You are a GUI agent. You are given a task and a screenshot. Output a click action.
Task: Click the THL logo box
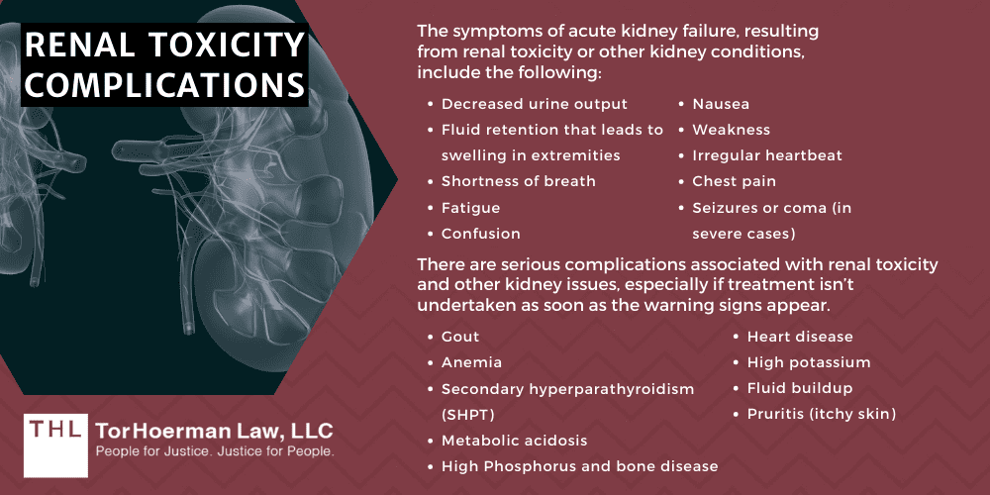(52, 439)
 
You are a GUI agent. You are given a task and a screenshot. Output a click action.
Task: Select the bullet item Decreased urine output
(535, 104)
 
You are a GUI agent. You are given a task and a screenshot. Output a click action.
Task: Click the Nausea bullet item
(721, 104)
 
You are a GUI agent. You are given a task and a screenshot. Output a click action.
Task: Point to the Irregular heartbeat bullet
(767, 155)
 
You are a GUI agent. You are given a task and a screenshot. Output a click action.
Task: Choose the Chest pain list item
(734, 181)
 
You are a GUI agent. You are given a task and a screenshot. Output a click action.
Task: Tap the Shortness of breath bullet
(519, 181)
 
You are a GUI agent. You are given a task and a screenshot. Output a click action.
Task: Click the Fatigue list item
(470, 208)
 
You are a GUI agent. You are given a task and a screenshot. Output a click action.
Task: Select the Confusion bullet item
(480, 234)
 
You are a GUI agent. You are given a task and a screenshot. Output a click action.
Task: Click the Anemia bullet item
(471, 363)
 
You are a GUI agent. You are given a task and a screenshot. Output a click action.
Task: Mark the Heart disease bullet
(800, 338)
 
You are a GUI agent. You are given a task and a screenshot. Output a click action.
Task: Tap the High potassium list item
(809, 363)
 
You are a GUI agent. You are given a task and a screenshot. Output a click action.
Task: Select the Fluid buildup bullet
(800, 388)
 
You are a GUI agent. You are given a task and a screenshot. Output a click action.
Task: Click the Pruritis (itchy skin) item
(821, 414)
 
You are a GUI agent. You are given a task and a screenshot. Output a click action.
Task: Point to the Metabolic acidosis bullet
(514, 441)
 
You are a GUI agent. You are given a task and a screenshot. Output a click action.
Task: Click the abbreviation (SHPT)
(467, 414)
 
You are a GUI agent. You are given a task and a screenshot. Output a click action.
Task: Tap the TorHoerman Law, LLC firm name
(214, 430)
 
